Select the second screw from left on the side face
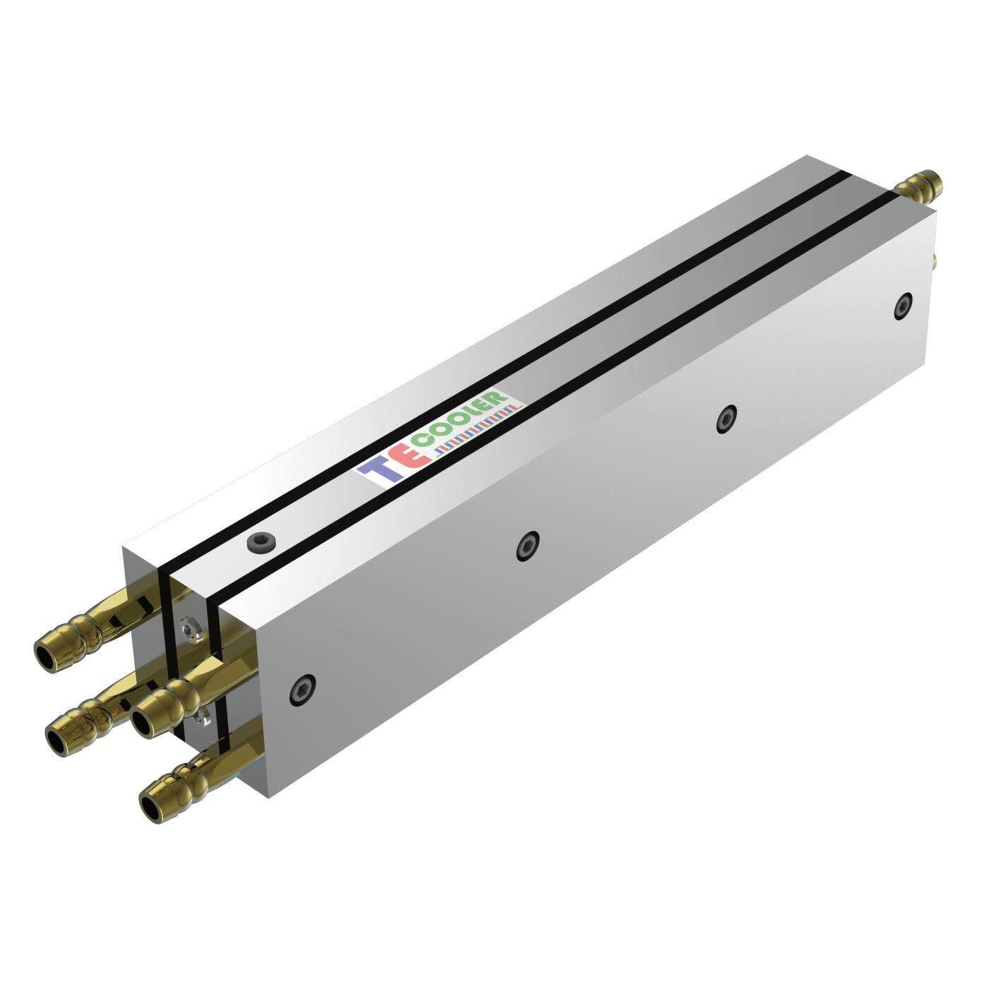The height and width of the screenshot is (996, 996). pos(527,546)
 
